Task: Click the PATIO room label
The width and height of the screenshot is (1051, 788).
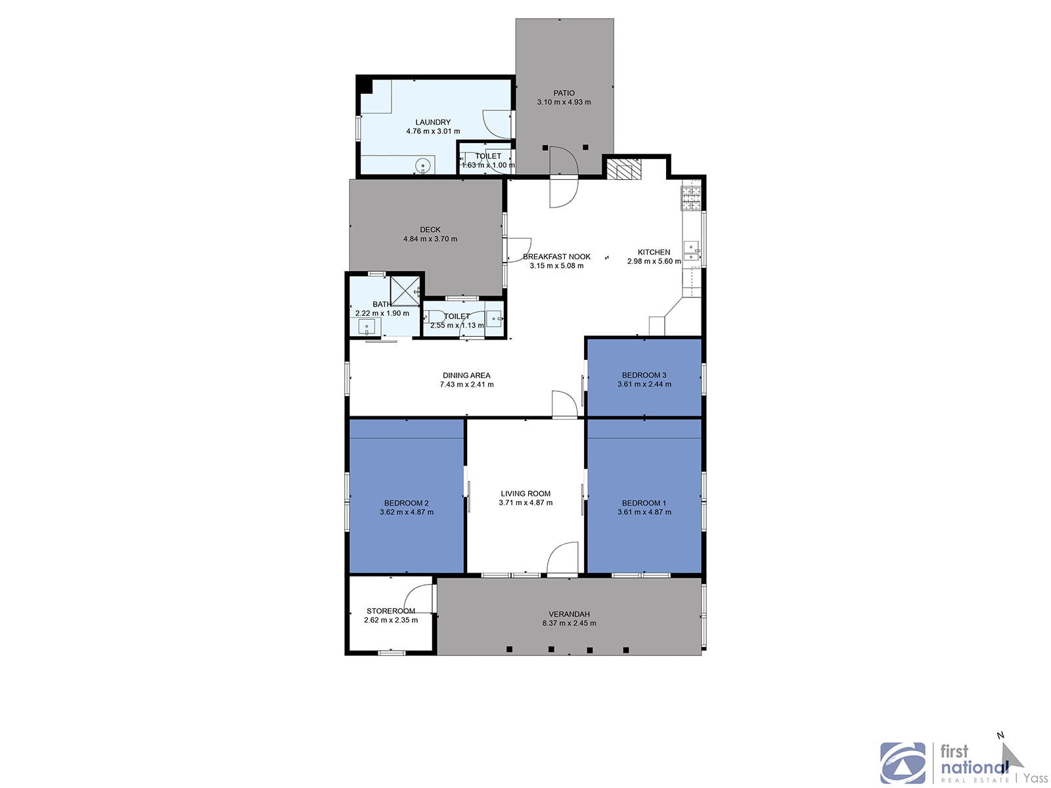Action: point(564,93)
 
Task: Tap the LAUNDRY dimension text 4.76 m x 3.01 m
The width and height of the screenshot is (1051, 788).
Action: point(433,131)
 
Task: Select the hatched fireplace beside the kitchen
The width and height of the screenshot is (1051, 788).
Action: point(624,169)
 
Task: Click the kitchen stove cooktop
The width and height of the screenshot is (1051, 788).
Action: point(691,198)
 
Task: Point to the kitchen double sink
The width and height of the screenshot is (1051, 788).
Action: point(692,251)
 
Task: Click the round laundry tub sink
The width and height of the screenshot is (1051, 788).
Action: point(423,166)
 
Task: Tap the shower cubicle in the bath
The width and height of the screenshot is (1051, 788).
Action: point(405,291)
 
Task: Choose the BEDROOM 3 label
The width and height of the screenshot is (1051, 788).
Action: point(644,375)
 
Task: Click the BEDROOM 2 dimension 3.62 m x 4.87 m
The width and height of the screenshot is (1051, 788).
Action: point(407,512)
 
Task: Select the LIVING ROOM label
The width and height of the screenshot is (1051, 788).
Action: point(525,493)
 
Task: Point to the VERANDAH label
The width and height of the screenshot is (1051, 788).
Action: point(569,614)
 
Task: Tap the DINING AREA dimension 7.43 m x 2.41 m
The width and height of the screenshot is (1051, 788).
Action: point(466,384)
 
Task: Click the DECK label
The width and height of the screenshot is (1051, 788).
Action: point(430,230)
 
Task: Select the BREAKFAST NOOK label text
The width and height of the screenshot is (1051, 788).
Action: point(556,257)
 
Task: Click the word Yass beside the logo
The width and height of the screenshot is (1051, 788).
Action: point(1036,778)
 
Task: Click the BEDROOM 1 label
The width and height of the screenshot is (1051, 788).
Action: point(644,503)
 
